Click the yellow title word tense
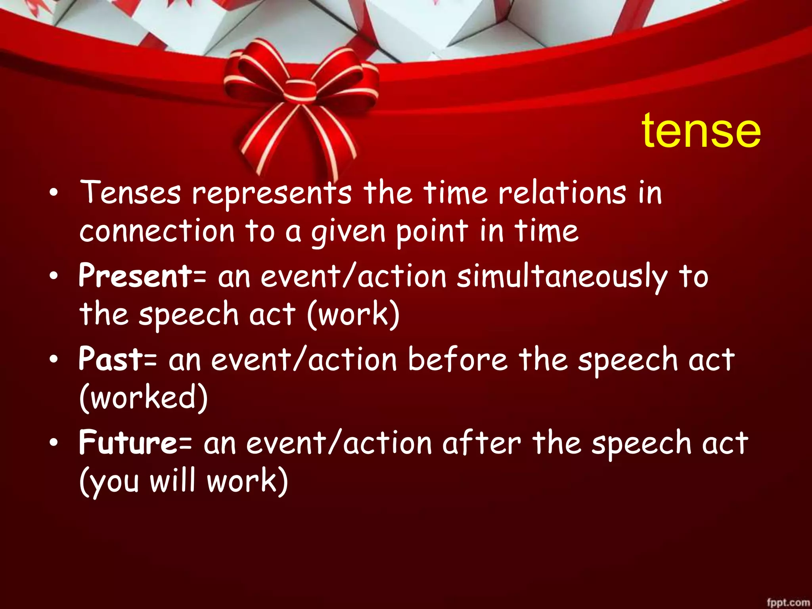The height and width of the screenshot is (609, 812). click(x=701, y=130)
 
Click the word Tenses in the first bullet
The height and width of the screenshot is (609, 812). click(x=130, y=193)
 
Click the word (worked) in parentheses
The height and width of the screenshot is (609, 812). click(x=144, y=397)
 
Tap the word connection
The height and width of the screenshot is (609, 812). click(x=157, y=232)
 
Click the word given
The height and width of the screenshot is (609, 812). click(x=348, y=233)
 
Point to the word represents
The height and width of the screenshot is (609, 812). click(x=272, y=194)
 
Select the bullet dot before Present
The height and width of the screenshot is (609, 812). click(x=54, y=276)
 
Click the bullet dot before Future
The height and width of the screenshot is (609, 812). click(x=54, y=442)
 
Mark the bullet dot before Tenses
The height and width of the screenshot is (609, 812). click(x=54, y=193)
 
